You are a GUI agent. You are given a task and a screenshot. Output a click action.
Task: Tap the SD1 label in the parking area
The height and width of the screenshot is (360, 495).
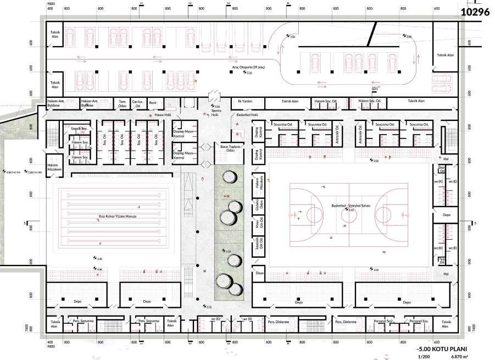pyautogui.click(x=375, y=88)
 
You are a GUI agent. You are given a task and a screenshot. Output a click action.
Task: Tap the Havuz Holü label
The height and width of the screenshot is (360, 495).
pyautogui.click(x=164, y=114)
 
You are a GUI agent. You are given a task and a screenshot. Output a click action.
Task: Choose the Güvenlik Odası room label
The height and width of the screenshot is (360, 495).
pyautogui.click(x=257, y=207)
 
